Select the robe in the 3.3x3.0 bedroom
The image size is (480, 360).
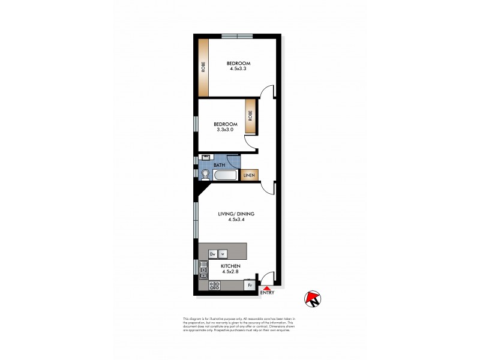click(250, 115)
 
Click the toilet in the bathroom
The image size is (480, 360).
click(206, 175)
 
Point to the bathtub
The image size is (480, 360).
click(226, 175)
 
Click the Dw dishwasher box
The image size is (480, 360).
click(212, 254)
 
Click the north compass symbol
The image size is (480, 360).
click(313, 299)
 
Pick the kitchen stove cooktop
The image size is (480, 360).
click(203, 286)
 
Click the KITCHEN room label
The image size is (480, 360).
click(230, 266)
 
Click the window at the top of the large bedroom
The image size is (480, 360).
click(238, 37)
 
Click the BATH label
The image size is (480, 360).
click(220, 164)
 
